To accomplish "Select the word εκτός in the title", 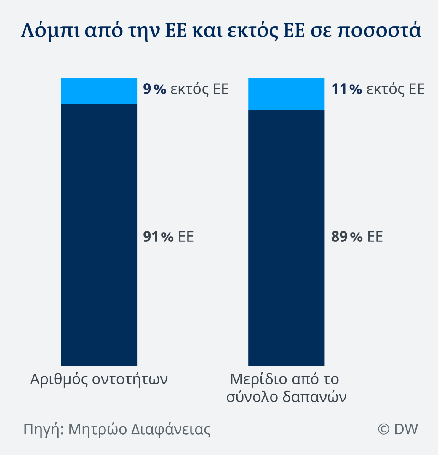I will coord(253,30).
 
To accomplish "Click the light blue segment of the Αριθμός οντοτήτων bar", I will coord(99,91).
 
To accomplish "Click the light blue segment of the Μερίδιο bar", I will coord(286,94).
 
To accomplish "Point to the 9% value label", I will coord(154,89).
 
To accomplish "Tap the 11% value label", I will coord(346,89).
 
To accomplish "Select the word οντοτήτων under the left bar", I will coord(130,379).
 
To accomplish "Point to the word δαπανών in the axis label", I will coord(314,397).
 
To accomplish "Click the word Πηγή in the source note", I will coord(43,429).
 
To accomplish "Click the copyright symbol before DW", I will coord(383,429).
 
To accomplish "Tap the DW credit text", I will coord(406,429).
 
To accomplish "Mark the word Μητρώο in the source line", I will coord(98,429).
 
